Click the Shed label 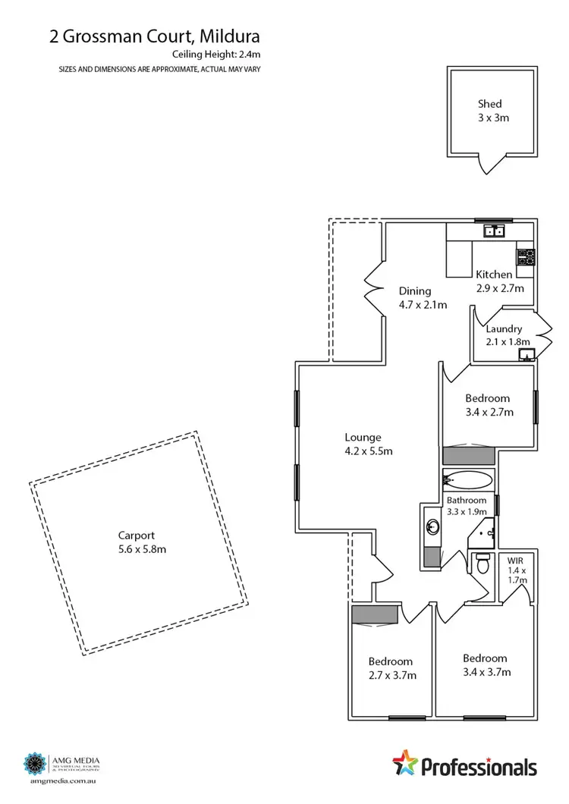click(489, 104)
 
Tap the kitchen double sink click(496, 231)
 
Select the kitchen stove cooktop click(525, 256)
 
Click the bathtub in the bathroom click(467, 479)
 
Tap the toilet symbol click(482, 564)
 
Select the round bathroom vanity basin click(432, 526)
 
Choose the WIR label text click(516, 561)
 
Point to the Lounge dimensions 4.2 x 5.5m click(363, 451)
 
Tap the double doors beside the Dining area click(372, 289)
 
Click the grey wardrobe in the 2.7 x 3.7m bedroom click(376, 614)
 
